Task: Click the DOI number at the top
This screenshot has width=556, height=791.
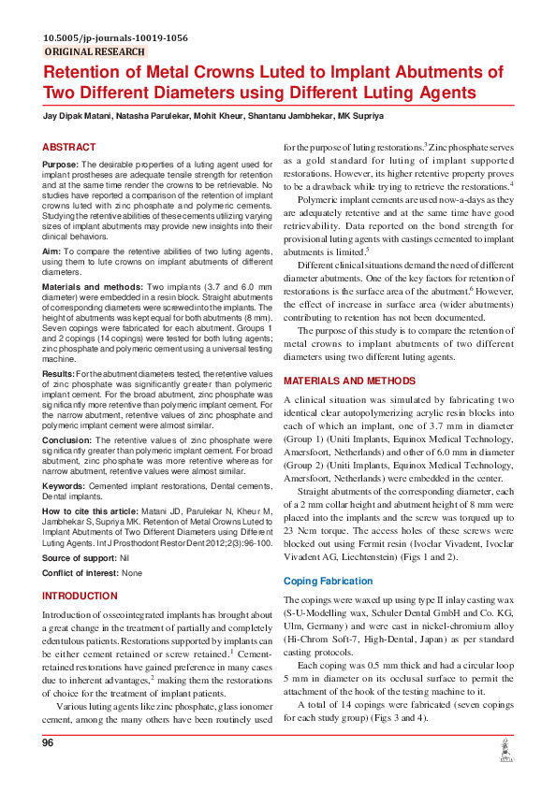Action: click(x=115, y=38)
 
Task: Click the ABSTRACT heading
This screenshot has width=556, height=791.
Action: click(x=69, y=148)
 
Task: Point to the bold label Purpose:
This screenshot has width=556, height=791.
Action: click(x=61, y=164)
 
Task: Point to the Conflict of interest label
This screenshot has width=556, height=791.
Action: click(x=80, y=572)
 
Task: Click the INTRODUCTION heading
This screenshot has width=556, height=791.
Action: click(x=80, y=596)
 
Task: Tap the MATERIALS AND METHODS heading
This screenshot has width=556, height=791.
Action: click(x=348, y=381)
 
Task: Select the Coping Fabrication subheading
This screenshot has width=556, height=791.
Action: click(x=328, y=581)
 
